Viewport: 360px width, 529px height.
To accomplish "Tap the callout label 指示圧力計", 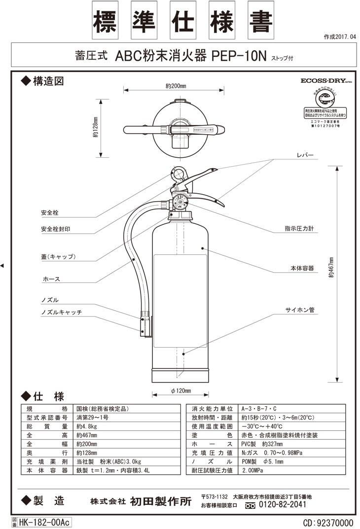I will (x=299, y=229).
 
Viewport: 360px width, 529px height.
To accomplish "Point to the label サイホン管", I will (x=299, y=310).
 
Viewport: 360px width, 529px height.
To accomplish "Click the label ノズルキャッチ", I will (x=61, y=313).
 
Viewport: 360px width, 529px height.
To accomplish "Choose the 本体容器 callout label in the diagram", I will (x=301, y=268).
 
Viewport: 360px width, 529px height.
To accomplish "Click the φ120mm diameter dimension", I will (x=181, y=391).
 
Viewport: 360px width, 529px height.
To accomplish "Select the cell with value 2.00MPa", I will (x=252, y=471).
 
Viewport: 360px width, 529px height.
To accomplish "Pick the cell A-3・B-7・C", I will (x=259, y=408).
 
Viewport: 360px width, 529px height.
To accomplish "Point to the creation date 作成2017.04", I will (x=339, y=37).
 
